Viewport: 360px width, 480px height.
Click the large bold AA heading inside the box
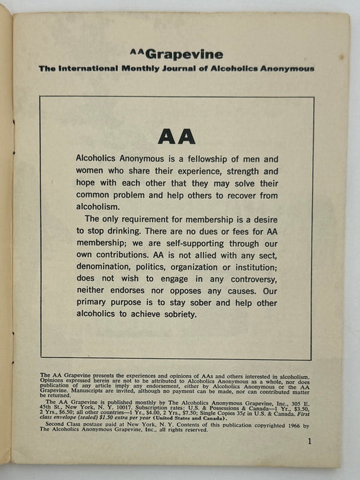tap(176, 136)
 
